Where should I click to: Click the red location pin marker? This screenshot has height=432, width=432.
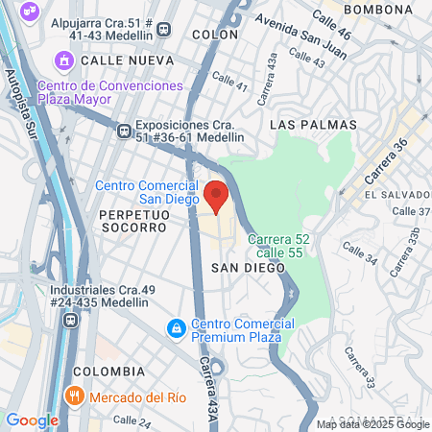point(216,196)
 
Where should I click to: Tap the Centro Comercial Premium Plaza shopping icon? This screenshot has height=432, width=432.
point(176,329)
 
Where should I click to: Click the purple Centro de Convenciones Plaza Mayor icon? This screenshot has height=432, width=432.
point(65,60)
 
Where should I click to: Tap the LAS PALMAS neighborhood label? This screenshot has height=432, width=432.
point(313,125)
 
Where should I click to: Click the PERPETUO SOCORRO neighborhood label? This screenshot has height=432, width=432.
point(132,220)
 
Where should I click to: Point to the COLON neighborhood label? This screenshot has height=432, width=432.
point(215,34)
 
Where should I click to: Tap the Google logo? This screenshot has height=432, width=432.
point(32,420)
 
